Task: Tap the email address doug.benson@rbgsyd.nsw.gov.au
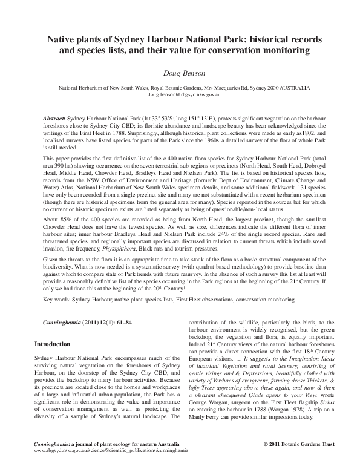point(180,96)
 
